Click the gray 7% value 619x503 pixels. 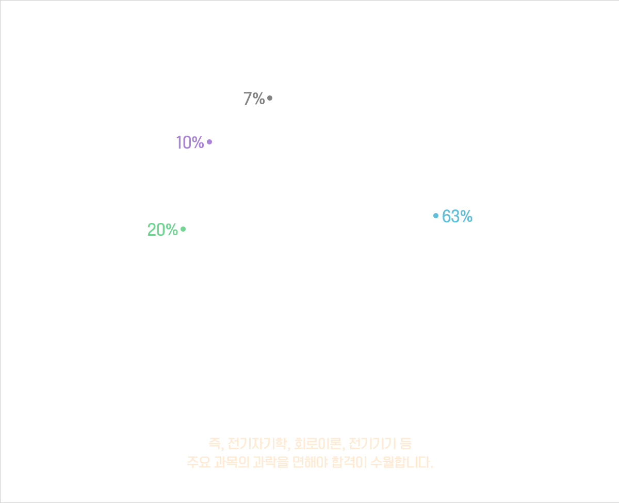coord(254,98)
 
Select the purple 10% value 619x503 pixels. coord(190,142)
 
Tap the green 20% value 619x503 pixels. coord(162,230)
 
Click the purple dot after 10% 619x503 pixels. coord(209,142)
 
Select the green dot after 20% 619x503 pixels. coord(183,230)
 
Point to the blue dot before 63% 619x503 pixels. coord(436,217)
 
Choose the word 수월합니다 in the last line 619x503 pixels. coord(404,461)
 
